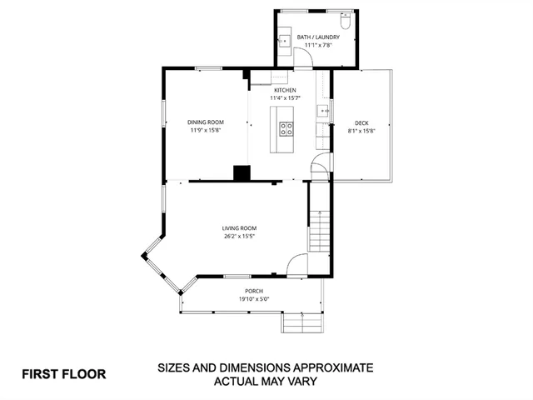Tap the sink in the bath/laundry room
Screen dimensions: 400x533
(283, 40)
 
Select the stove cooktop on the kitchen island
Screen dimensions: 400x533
(286, 128)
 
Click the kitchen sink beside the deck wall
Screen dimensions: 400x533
(321, 111)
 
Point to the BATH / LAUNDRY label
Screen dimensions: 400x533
(317, 37)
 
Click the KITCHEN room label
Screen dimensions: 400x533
(286, 89)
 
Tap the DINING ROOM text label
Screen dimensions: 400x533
(207, 122)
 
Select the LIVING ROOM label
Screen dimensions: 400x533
(239, 228)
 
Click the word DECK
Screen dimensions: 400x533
(361, 122)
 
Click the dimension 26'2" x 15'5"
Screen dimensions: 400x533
(239, 237)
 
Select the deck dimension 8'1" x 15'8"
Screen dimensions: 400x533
(361, 131)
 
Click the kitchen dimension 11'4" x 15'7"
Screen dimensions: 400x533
(286, 97)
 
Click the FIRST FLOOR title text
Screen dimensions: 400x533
(64, 374)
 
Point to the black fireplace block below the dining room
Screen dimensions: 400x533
(242, 172)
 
